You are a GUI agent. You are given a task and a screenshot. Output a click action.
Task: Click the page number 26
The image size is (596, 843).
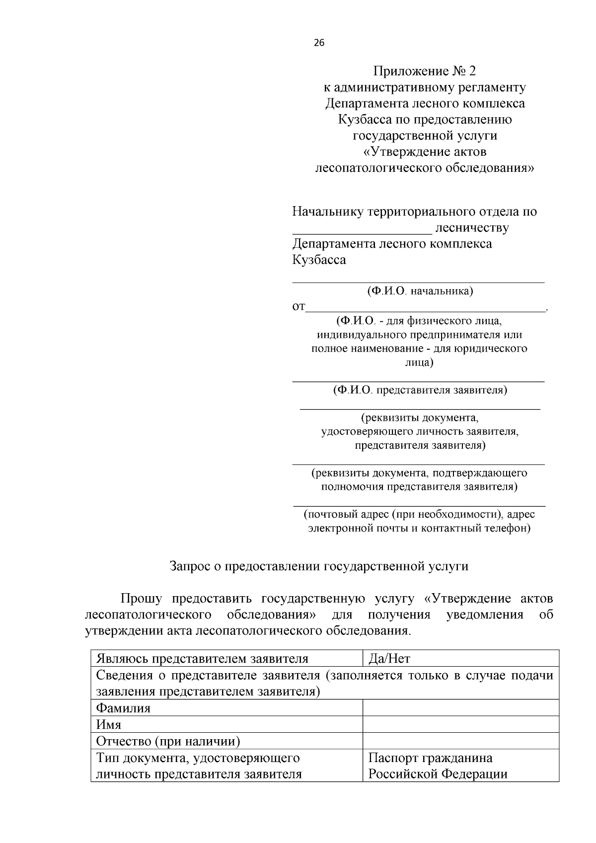pyautogui.click(x=319, y=43)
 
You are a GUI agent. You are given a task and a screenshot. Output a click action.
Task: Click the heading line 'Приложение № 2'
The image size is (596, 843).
pyautogui.click(x=425, y=71)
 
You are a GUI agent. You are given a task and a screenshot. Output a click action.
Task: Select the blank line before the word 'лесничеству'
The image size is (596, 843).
pyautogui.click(x=362, y=230)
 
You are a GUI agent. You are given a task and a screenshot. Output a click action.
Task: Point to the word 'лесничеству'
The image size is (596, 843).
pyautogui.click(x=472, y=228)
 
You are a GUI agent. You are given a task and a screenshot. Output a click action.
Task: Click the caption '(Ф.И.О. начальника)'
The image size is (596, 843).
pyautogui.click(x=420, y=291)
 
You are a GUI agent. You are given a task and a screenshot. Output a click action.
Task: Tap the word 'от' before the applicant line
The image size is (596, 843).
pyautogui.click(x=298, y=307)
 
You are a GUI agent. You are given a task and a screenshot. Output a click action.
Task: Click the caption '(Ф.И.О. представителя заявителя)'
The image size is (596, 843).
pyautogui.click(x=420, y=390)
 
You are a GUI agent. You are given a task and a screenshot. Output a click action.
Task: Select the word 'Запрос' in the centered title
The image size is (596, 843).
pyautogui.click(x=189, y=566)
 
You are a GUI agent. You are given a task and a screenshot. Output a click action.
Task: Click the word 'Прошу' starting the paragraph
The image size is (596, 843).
pyautogui.click(x=141, y=599)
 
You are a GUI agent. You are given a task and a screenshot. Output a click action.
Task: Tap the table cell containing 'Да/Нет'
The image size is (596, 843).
pyautogui.click(x=460, y=659)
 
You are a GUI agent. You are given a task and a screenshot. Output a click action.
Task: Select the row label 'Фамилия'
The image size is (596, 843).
pyautogui.click(x=123, y=708)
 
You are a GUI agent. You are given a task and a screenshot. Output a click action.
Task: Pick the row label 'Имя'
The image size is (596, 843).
pyautogui.click(x=108, y=724)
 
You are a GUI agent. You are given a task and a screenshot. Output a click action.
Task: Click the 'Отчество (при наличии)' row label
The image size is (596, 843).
pyautogui.click(x=168, y=742)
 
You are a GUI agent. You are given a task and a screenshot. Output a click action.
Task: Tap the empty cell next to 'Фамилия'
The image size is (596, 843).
pyautogui.click(x=460, y=708)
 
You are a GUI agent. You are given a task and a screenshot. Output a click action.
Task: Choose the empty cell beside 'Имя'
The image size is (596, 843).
pyautogui.click(x=460, y=724)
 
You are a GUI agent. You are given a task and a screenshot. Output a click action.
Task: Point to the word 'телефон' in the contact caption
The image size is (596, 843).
pyautogui.click(x=506, y=528)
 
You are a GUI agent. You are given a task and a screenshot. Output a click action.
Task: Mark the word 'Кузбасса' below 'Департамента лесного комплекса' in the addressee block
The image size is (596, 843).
pyautogui.click(x=319, y=260)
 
